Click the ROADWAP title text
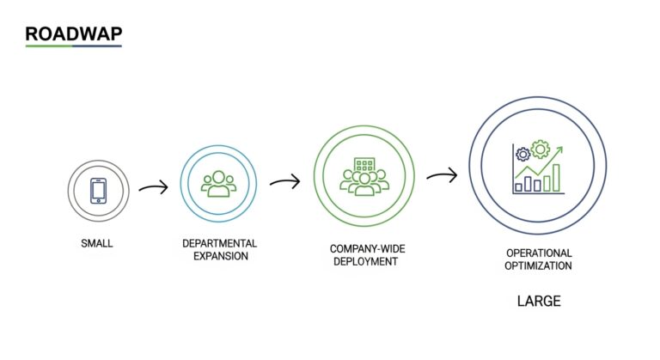[x=73, y=34]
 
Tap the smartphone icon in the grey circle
[x=99, y=190]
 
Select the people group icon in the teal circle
[x=218, y=183]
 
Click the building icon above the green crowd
[x=365, y=163]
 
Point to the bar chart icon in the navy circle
[x=539, y=180]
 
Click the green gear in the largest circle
[x=541, y=149]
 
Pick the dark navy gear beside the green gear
[x=522, y=155]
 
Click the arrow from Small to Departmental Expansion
[x=153, y=187]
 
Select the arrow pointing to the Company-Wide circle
[x=284, y=181]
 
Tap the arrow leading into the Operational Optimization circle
[x=442, y=175]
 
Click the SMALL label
[x=96, y=244]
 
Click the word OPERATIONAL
[x=539, y=254]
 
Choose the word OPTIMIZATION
[x=539, y=266]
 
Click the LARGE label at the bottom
[x=539, y=302]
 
